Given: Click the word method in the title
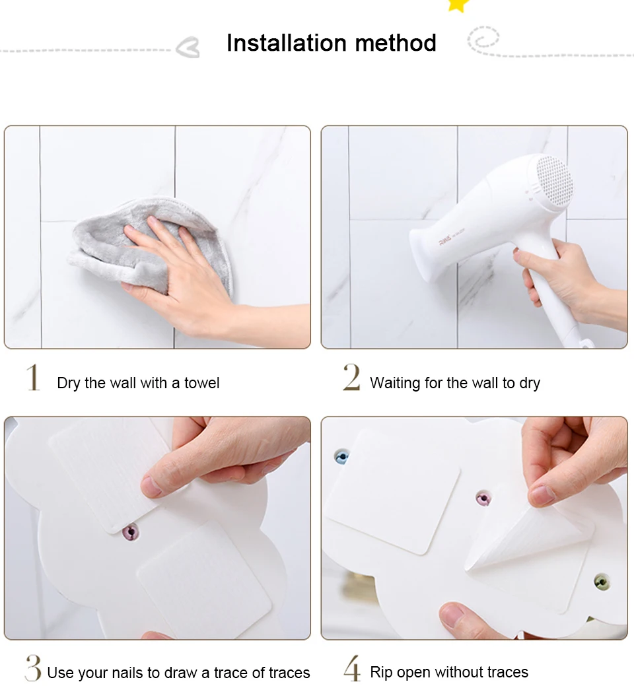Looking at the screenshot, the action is tap(396, 43).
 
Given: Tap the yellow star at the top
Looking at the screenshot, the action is tap(458, 5).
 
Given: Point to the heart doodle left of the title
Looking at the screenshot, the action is tap(188, 48).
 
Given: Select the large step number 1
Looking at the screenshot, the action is tap(33, 377).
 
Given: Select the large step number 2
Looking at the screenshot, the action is tap(351, 377).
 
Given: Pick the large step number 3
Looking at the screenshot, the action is tap(33, 668).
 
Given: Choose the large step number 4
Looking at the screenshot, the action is tap(352, 668).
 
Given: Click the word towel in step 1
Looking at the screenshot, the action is tap(201, 383).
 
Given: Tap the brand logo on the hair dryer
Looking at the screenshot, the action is tap(445, 242).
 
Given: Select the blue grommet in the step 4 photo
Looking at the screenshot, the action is tap(341, 457).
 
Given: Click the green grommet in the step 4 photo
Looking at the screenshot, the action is tap(602, 582).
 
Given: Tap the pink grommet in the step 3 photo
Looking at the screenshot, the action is tap(131, 532).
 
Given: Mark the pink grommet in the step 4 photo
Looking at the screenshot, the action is tap(483, 498).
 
